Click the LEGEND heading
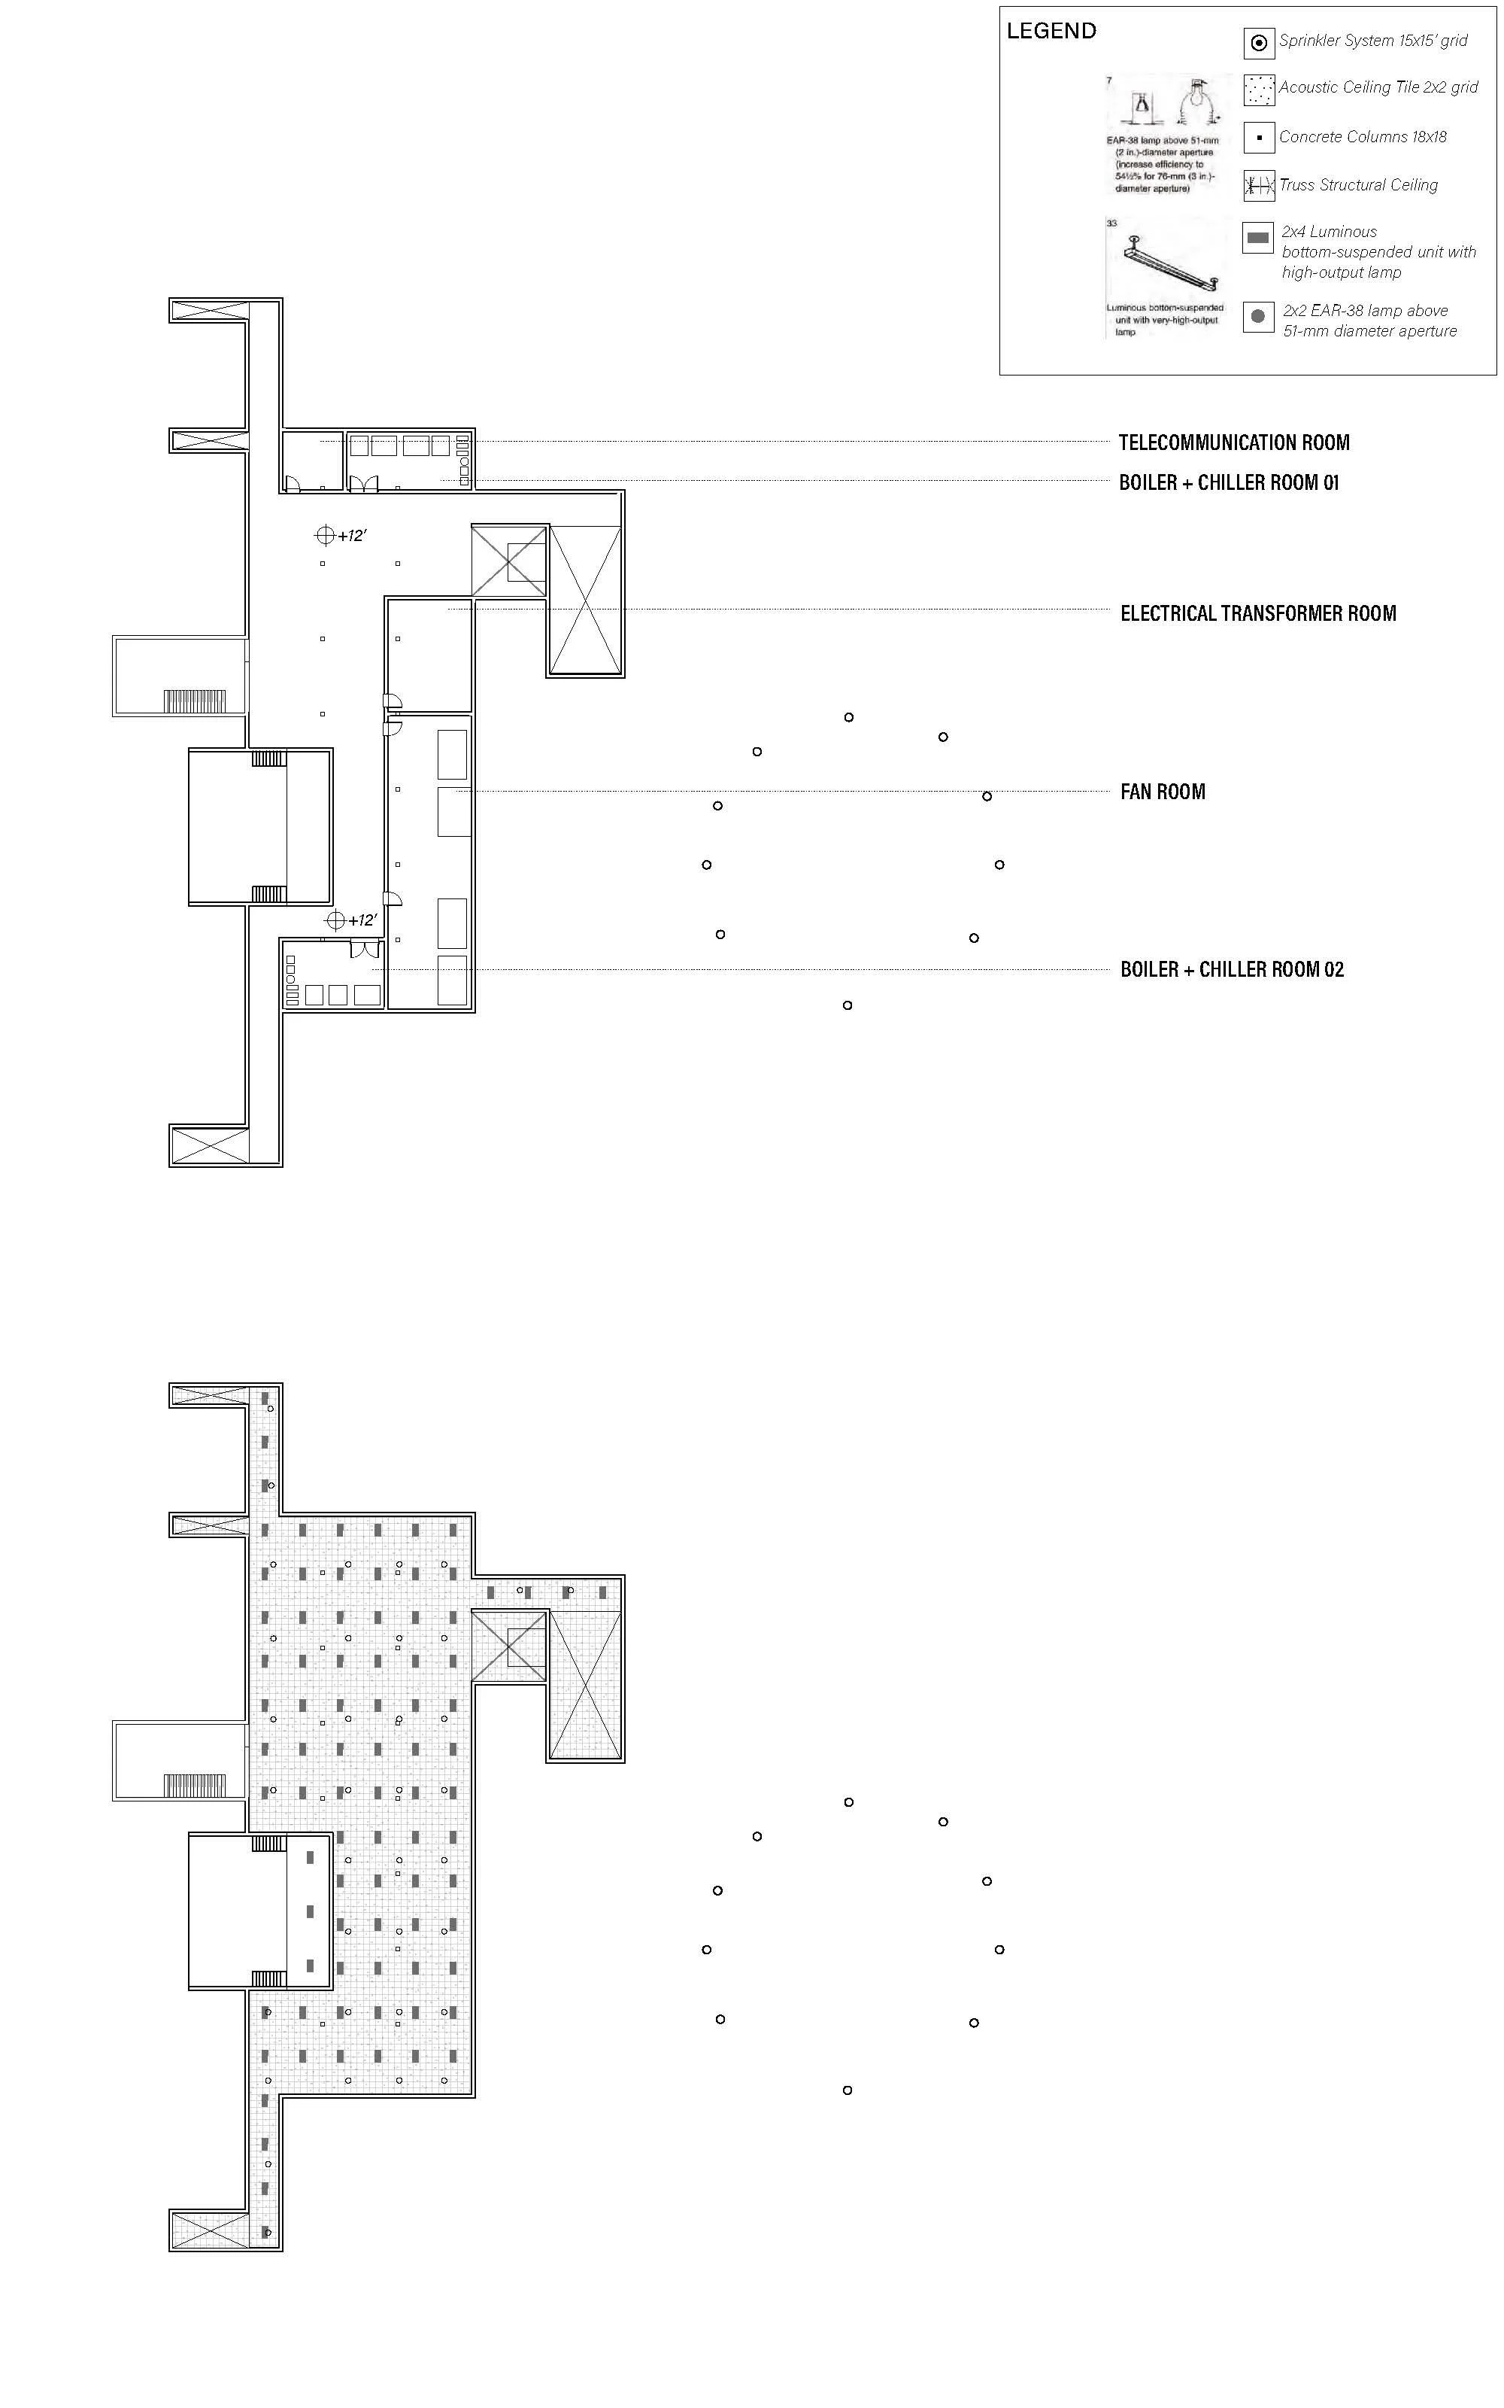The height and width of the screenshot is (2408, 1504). coord(1051,31)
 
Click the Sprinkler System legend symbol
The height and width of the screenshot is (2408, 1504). coord(1258,43)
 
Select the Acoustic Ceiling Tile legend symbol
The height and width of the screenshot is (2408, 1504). coord(1258,90)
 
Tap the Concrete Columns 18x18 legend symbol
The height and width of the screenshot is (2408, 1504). coord(1258,137)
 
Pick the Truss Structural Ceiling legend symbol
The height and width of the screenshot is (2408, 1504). coord(1258,185)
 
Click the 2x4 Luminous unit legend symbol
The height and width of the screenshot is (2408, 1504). coord(1258,238)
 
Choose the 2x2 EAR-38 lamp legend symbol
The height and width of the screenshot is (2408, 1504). coord(1258,316)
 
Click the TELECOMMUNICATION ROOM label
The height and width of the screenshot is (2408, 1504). coord(1233,442)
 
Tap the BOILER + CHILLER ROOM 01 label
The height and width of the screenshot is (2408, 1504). coord(1229,482)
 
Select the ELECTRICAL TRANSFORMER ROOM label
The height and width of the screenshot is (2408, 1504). coord(1257,613)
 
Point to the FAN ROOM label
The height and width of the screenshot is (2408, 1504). coord(1162,792)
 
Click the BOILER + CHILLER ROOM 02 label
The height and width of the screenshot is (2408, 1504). coord(1232,969)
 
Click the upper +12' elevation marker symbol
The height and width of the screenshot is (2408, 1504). coord(324,535)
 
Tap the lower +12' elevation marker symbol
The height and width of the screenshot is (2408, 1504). coord(335,920)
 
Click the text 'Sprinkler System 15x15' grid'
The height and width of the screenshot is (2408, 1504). coord(1372,41)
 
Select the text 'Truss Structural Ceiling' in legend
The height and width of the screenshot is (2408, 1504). coord(1358,185)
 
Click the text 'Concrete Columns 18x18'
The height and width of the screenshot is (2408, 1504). coord(1362,137)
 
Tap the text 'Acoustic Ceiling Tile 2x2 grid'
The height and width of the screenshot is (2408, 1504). coord(1378,87)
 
